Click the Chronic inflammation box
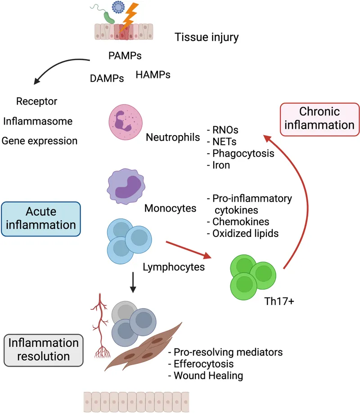[319, 118]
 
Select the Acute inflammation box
[41, 218]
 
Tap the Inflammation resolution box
[44, 349]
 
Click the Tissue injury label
[207, 37]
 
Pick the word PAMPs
[125, 56]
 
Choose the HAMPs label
[153, 75]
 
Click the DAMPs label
[107, 78]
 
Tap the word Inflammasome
[37, 121]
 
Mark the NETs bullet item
[223, 141]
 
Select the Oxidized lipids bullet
[243, 233]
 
